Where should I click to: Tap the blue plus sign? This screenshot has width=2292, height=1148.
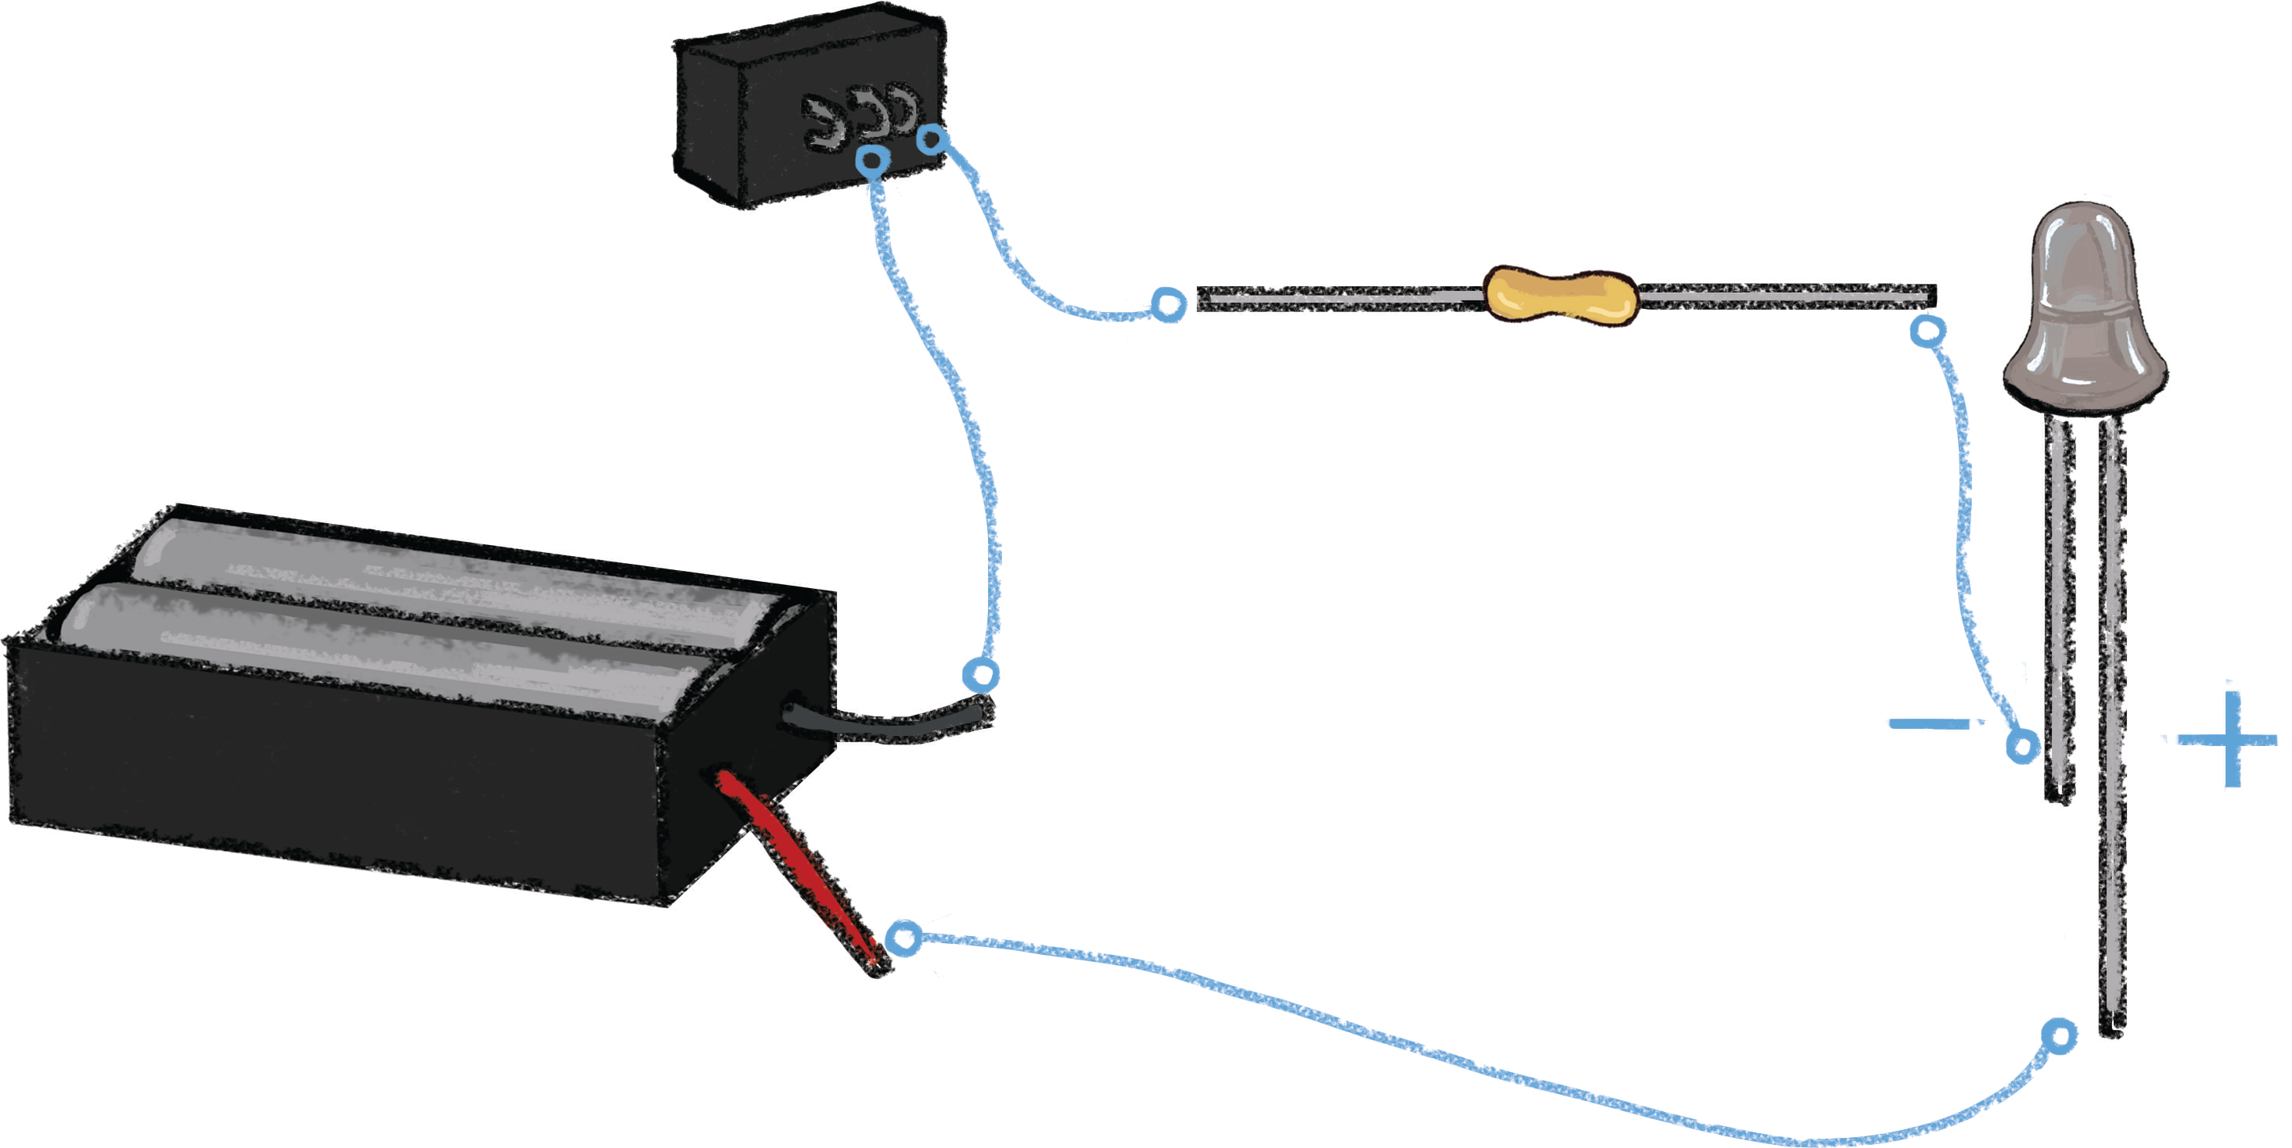2232,740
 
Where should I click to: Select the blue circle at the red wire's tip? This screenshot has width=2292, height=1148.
905,938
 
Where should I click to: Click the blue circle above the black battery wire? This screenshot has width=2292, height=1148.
980,675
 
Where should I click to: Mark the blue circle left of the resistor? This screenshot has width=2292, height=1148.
1168,304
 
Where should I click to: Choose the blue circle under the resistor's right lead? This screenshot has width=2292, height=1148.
1927,332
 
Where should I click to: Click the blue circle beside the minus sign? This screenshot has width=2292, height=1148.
2021,745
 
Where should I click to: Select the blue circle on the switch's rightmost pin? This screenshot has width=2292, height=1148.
932,138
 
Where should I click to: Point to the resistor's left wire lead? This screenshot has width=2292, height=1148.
1335,298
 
